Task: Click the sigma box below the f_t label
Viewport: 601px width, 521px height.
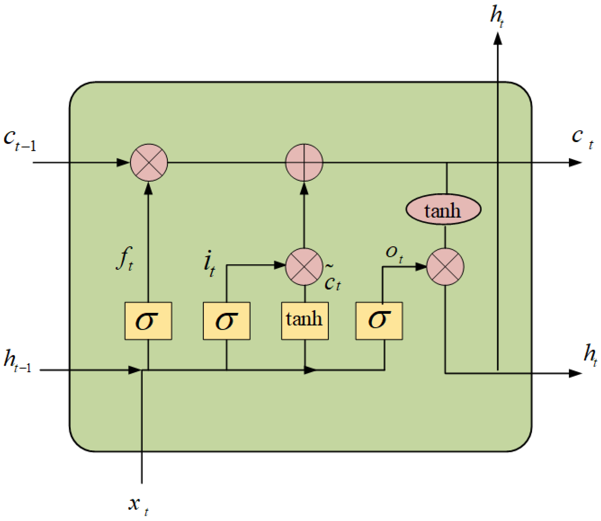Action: point(148,321)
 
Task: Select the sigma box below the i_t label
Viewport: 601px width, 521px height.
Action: point(226,321)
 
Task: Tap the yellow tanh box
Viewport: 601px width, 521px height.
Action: point(304,321)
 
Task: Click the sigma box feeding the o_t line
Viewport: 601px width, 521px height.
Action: point(379,321)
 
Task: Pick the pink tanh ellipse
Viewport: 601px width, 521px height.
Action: point(443,209)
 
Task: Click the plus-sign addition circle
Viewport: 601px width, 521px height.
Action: point(304,162)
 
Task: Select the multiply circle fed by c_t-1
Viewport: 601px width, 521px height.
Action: point(149,162)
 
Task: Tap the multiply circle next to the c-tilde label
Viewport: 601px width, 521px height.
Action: point(304,266)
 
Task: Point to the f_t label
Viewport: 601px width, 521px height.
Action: point(125,259)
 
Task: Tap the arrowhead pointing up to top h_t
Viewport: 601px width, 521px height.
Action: point(498,39)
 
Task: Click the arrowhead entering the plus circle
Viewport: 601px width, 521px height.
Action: point(304,188)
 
